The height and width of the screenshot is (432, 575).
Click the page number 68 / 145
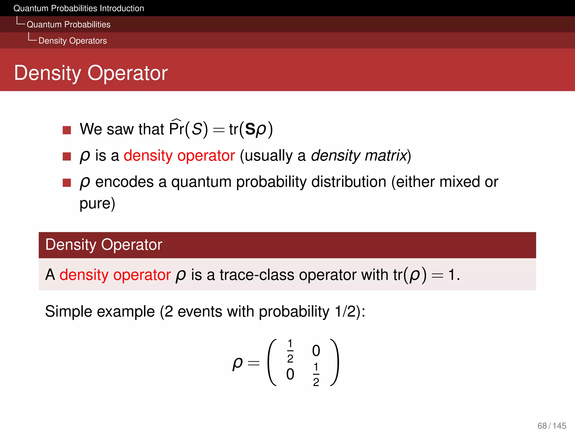[552, 426]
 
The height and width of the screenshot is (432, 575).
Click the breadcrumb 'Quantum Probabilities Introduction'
[79, 8]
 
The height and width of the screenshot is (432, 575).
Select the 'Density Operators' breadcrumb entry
[72, 41]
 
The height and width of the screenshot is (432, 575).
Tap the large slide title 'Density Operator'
[91, 73]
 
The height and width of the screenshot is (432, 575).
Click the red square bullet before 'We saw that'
[67, 130]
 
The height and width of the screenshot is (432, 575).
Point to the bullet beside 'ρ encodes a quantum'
[67, 183]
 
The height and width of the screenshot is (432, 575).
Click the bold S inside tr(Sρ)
[250, 129]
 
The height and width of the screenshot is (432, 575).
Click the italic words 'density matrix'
[359, 156]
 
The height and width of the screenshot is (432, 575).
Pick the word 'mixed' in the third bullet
[460, 182]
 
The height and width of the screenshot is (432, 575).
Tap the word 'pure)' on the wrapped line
[97, 204]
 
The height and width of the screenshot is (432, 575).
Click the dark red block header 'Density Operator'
[104, 245]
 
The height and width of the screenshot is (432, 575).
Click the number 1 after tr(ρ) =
[451, 275]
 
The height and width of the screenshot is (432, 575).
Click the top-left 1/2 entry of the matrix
[290, 351]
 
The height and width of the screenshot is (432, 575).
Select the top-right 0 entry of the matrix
[316, 351]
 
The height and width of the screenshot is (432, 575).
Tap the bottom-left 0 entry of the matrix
[290, 374]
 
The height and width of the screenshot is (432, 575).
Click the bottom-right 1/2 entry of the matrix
[316, 374]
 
